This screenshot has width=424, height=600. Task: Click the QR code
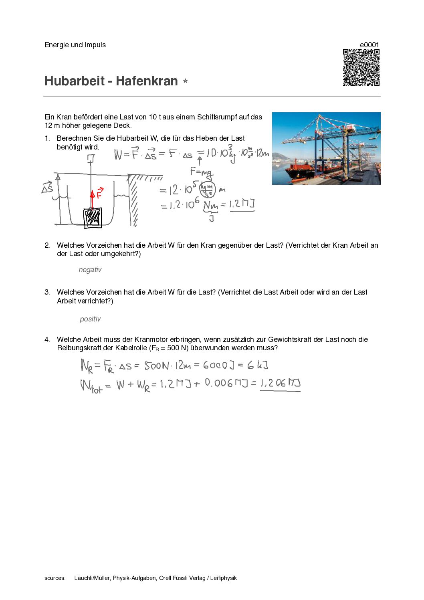click(361, 67)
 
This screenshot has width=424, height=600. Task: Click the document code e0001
click(369, 45)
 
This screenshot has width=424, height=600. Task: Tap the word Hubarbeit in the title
click(74, 81)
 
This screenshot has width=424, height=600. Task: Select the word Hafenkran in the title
click(147, 81)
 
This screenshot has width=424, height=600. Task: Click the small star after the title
click(185, 81)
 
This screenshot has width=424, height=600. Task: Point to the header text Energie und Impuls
click(75, 45)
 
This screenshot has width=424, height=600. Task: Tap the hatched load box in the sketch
click(93, 218)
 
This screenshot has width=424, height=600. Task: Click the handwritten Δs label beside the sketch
click(47, 188)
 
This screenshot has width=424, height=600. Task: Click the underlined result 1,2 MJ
click(242, 204)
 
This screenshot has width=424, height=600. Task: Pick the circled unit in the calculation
click(208, 189)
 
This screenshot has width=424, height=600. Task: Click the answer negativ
click(90, 270)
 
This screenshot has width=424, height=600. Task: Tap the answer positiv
click(90, 319)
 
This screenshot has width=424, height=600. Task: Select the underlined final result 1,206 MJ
click(280, 383)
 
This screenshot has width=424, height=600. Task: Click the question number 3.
click(47, 292)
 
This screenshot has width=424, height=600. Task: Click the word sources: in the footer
click(55, 578)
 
